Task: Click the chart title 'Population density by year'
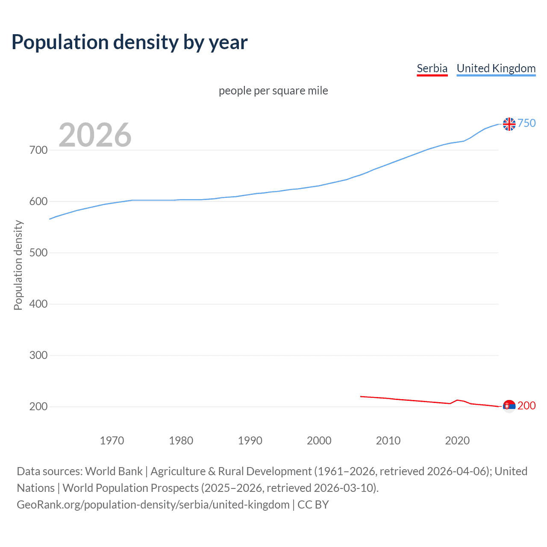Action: click(129, 42)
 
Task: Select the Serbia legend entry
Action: click(432, 68)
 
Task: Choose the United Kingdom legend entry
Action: click(496, 68)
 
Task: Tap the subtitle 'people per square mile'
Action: click(273, 91)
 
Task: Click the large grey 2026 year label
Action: click(95, 135)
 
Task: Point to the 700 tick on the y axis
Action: click(38, 150)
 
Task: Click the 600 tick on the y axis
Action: click(38, 201)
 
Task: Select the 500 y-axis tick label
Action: click(38, 253)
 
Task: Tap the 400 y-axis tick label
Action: click(38, 304)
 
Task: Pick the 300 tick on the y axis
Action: click(38, 355)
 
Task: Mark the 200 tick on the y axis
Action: click(38, 406)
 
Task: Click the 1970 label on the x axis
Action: click(112, 440)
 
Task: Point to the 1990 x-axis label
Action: click(250, 440)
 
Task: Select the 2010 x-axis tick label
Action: click(388, 440)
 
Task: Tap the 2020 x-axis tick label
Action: click(457, 440)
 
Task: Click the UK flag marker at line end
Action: click(509, 124)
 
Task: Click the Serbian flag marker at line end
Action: click(509, 406)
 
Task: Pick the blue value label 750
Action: click(526, 123)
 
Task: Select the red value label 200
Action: click(526, 406)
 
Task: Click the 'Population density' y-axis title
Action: click(18, 265)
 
